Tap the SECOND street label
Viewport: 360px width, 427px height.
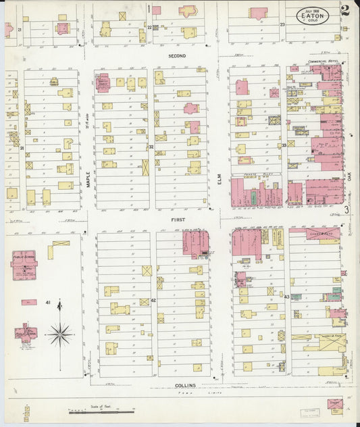[177, 55]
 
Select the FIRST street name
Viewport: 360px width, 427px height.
[178, 220]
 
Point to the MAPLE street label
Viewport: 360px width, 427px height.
[88, 178]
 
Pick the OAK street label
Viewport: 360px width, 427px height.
[352, 178]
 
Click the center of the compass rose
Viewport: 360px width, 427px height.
[60, 332]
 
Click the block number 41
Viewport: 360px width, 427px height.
[48, 302]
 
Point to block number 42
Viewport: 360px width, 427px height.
[153, 299]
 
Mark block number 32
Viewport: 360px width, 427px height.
[151, 146]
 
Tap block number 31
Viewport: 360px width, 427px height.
[22, 147]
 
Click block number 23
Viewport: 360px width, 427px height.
[283, 24]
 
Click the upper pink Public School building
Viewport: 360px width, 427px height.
[24, 264]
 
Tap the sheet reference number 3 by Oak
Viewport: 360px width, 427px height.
[346, 210]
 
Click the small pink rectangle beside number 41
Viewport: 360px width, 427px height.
[29, 302]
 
